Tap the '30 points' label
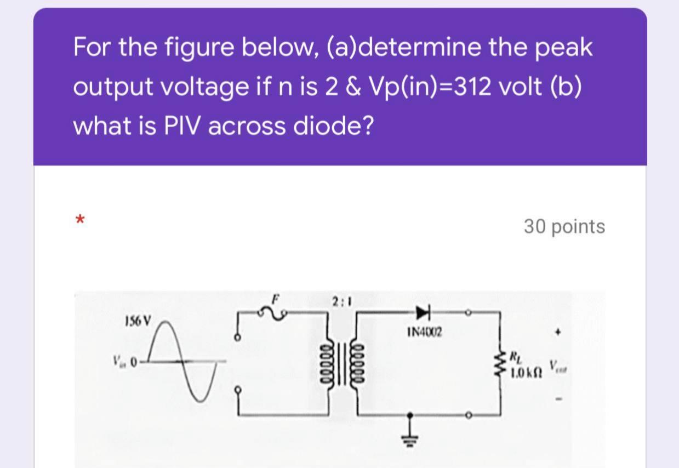[x=564, y=226]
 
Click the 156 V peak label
[x=139, y=319]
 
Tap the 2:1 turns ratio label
[x=341, y=301]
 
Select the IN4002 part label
[x=425, y=332]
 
